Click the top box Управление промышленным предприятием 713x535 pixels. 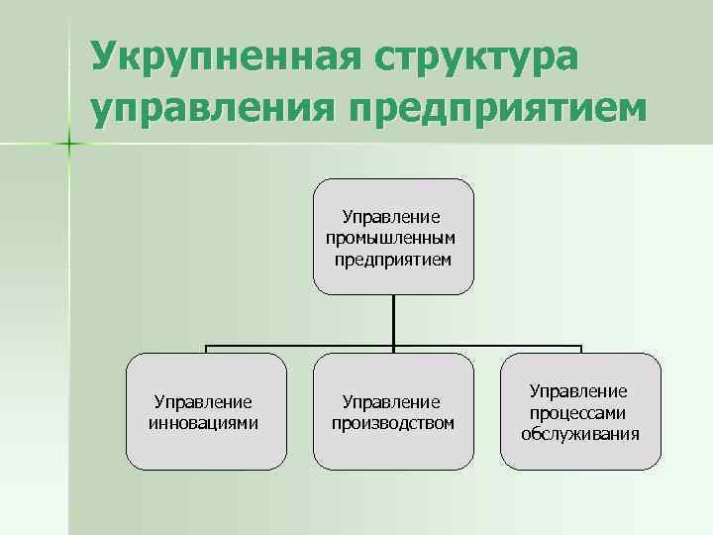click(392, 235)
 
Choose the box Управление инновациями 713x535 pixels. click(206, 412)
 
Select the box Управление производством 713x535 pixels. click(392, 412)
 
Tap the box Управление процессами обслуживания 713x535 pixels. click(579, 412)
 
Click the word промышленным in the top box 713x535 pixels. click(392, 239)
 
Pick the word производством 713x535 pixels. click(392, 423)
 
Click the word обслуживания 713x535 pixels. click(579, 433)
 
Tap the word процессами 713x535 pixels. click(579, 413)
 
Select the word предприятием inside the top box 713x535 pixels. click(392, 260)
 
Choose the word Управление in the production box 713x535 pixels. click(392, 402)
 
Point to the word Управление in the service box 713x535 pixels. click(579, 392)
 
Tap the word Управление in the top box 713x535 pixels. click(392, 217)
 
